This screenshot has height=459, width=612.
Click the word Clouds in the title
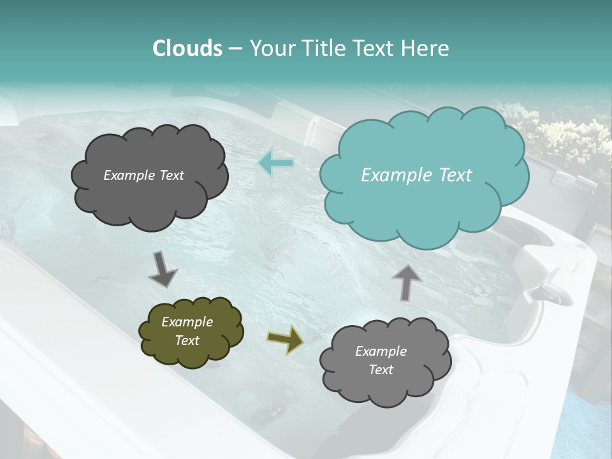(187, 48)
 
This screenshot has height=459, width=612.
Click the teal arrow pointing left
(276, 163)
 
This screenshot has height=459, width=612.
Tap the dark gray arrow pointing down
(163, 269)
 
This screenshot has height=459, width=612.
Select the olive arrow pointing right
(286, 339)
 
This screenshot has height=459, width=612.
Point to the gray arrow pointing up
(406, 281)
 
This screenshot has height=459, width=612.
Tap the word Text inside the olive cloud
(187, 340)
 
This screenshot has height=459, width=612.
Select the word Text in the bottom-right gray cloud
(381, 370)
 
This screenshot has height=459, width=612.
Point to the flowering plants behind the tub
(561, 134)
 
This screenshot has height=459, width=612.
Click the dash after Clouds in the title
(235, 49)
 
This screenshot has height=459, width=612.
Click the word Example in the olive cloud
(187, 322)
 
